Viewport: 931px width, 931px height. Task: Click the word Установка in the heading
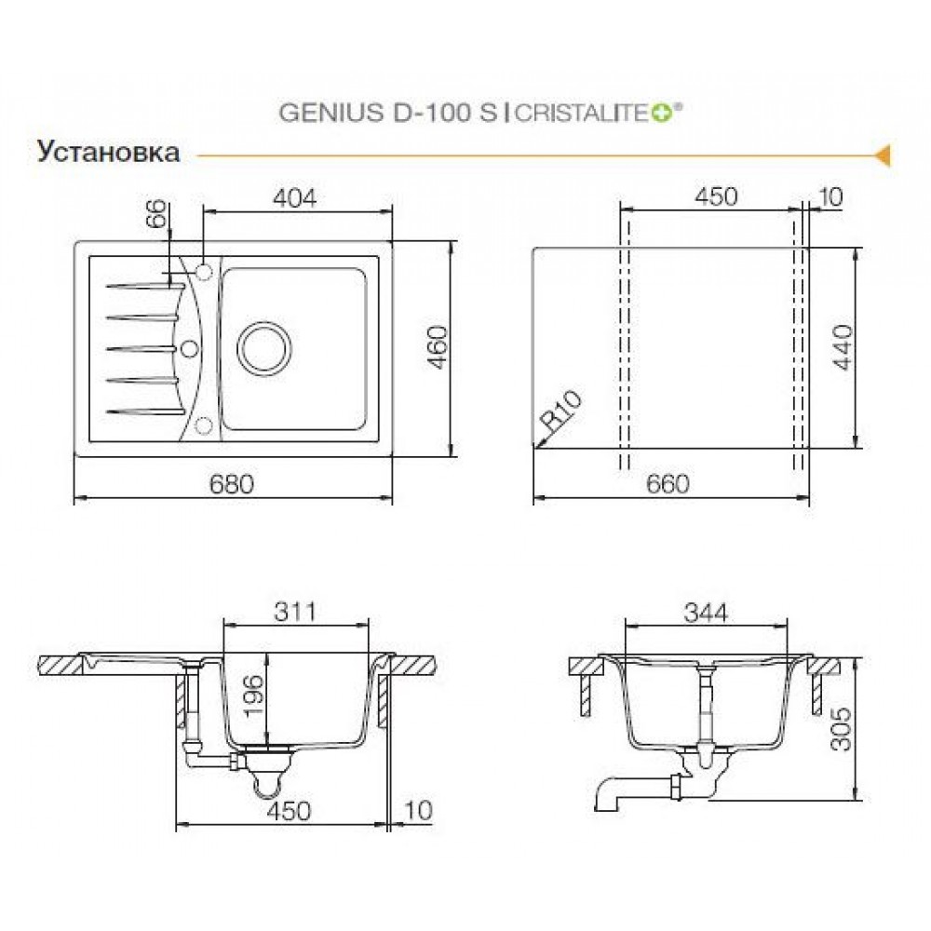pos(109,152)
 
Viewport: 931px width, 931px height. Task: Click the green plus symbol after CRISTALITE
pos(664,114)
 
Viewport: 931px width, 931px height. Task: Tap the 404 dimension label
pos(295,197)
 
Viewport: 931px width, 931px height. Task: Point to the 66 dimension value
pos(156,214)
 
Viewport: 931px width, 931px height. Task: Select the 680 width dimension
pos(232,484)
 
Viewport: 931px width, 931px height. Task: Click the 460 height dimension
pos(439,347)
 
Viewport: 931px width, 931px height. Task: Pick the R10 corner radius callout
pos(561,411)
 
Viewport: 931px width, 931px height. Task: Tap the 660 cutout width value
pos(668,484)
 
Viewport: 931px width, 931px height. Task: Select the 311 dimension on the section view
pos(295,612)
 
